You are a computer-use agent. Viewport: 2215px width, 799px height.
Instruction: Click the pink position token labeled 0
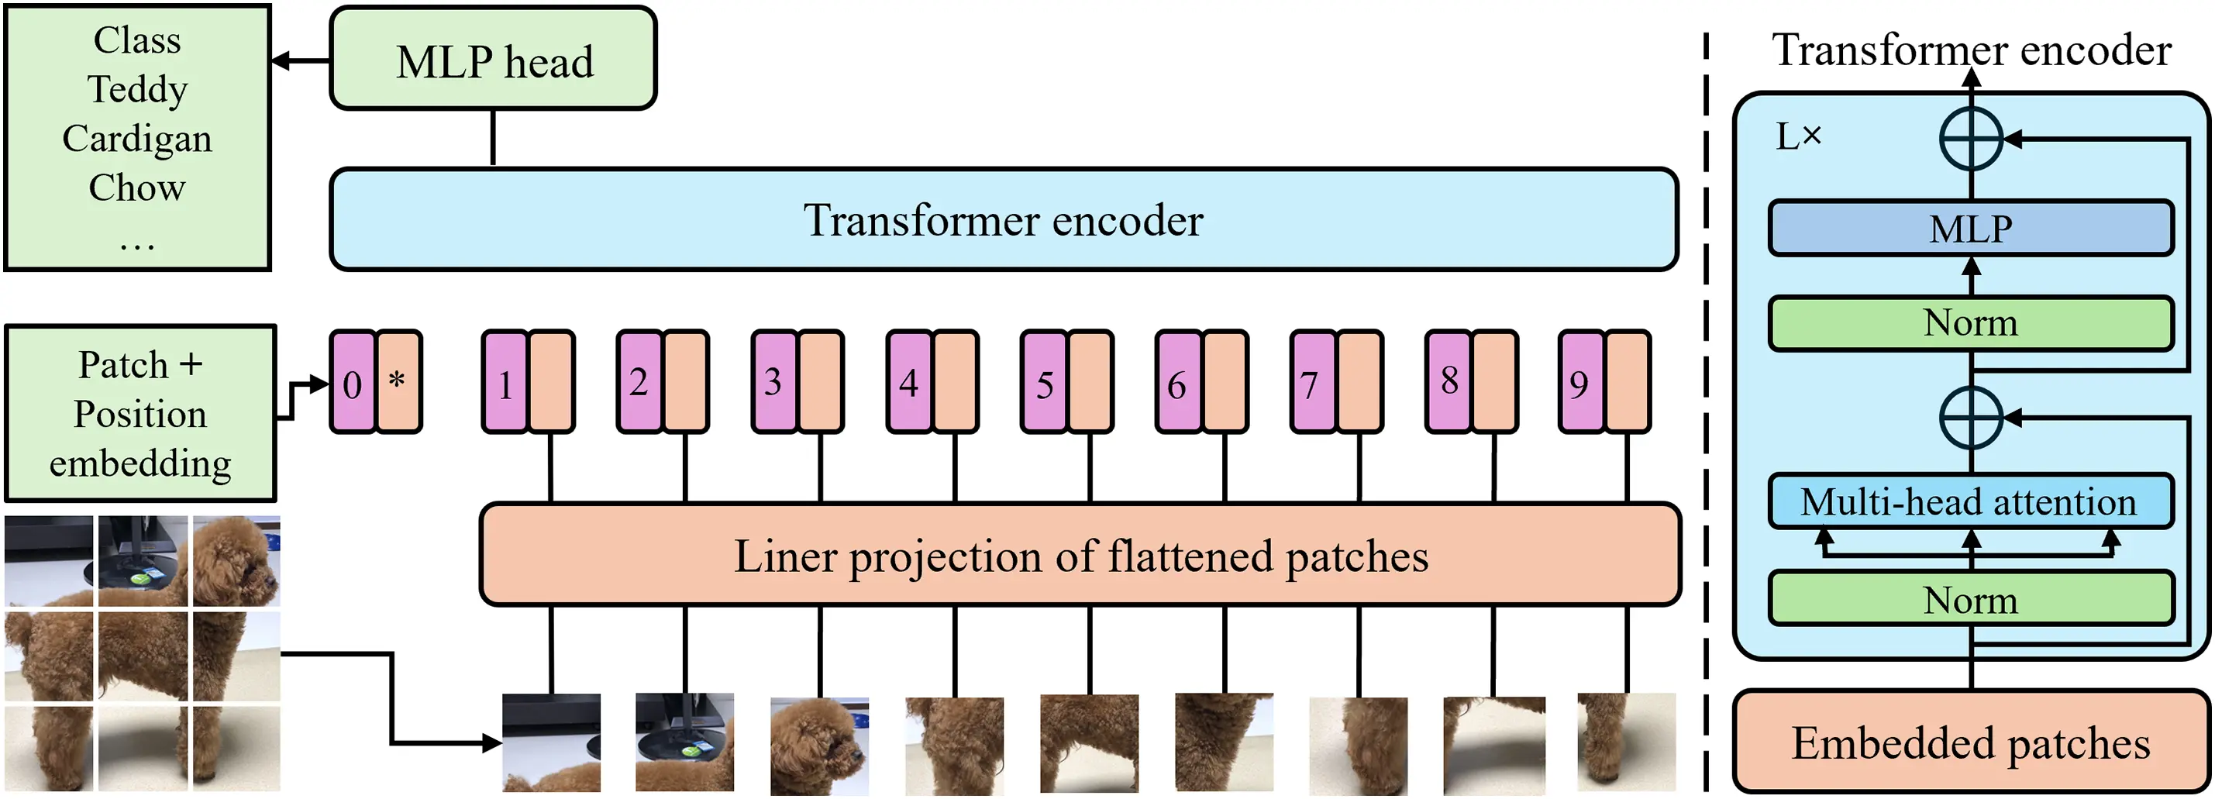pos(353,382)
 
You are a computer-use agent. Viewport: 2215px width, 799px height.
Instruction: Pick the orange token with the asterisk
pos(398,382)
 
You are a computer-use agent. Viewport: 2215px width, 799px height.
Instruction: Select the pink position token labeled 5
pos(1044,382)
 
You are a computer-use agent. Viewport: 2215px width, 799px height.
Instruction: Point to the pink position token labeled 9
pos(1580,382)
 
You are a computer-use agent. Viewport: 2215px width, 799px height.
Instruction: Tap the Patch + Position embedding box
pos(140,414)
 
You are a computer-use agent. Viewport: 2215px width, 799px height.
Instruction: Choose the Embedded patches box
pos(1970,742)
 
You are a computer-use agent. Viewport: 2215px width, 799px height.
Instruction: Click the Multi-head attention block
pos(1970,501)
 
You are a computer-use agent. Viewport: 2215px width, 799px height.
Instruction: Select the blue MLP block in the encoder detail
pos(1970,229)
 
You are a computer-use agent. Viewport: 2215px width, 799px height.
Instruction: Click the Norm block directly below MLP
pos(1970,323)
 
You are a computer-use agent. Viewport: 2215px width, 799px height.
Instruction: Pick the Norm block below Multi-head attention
pos(1970,600)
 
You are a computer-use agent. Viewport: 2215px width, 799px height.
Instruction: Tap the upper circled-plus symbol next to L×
pos(1971,139)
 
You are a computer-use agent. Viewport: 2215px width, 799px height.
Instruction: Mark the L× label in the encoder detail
pos(1798,136)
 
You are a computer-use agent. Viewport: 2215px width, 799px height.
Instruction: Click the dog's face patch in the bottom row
pos(819,745)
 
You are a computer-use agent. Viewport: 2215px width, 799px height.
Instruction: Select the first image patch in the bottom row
pos(551,743)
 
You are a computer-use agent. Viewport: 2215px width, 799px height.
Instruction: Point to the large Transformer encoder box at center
pos(1004,220)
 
